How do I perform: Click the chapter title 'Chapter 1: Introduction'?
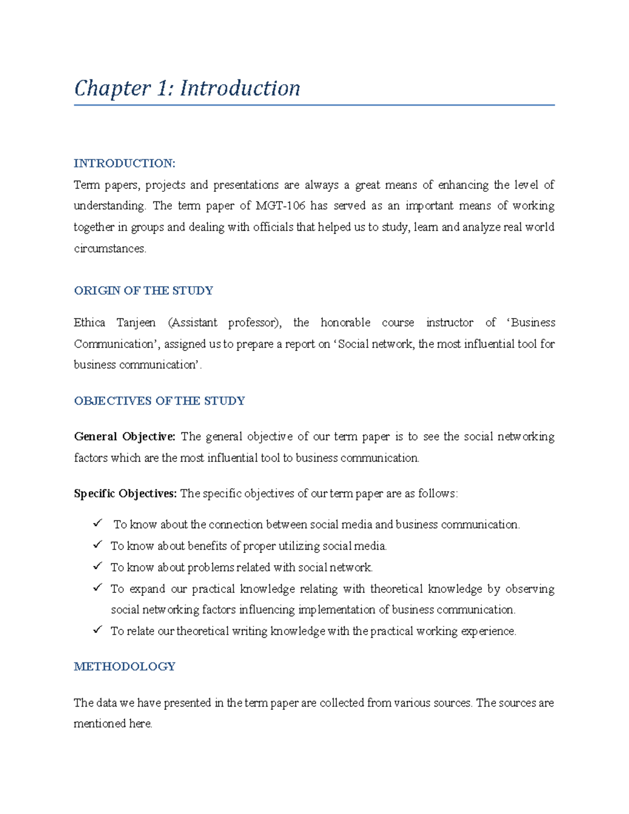click(187, 88)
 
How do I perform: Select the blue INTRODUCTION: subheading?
click(124, 164)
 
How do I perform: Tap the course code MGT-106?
click(280, 206)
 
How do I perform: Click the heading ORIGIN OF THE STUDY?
click(143, 291)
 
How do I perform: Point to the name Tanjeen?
click(136, 323)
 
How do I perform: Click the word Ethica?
click(89, 323)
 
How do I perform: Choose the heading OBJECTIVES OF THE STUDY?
click(159, 401)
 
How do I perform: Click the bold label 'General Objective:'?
click(124, 437)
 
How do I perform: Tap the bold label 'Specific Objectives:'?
click(125, 494)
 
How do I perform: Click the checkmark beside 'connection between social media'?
click(97, 523)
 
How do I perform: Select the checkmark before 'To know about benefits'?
click(97, 545)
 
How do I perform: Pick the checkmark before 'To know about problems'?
click(97, 566)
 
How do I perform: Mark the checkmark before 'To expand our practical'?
click(97, 588)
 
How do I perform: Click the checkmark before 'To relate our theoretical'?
click(97, 630)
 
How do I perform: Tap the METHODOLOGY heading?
click(124, 667)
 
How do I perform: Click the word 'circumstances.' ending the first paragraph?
click(110, 249)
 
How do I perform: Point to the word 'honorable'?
click(345, 323)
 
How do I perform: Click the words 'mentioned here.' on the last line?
click(113, 724)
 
